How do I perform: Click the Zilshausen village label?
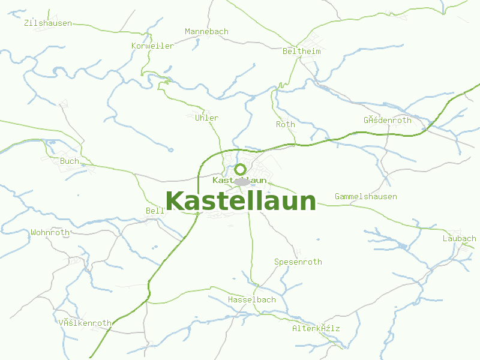pyautogui.click(x=48, y=23)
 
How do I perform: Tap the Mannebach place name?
pyautogui.click(x=206, y=31)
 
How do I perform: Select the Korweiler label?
pyautogui.click(x=152, y=46)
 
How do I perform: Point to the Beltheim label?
pyautogui.click(x=301, y=52)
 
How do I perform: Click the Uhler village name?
pyautogui.click(x=206, y=118)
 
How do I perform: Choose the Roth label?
pyautogui.click(x=285, y=125)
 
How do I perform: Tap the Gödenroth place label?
pyautogui.click(x=387, y=120)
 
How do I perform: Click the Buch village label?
pyautogui.click(x=69, y=161)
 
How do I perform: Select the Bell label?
pyautogui.click(x=155, y=211)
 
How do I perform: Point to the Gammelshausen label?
pyautogui.click(x=365, y=197)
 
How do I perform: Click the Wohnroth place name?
pyautogui.click(x=50, y=232)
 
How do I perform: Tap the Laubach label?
pyautogui.click(x=459, y=239)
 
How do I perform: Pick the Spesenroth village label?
pyautogui.click(x=298, y=262)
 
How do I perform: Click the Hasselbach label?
pyautogui.click(x=251, y=299)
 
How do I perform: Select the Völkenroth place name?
pyautogui.click(x=85, y=323)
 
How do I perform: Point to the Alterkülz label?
pyautogui.click(x=316, y=329)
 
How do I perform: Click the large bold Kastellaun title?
pyautogui.click(x=241, y=202)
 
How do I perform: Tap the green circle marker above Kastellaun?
pyautogui.click(x=240, y=169)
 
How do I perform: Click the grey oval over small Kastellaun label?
pyautogui.click(x=242, y=181)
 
